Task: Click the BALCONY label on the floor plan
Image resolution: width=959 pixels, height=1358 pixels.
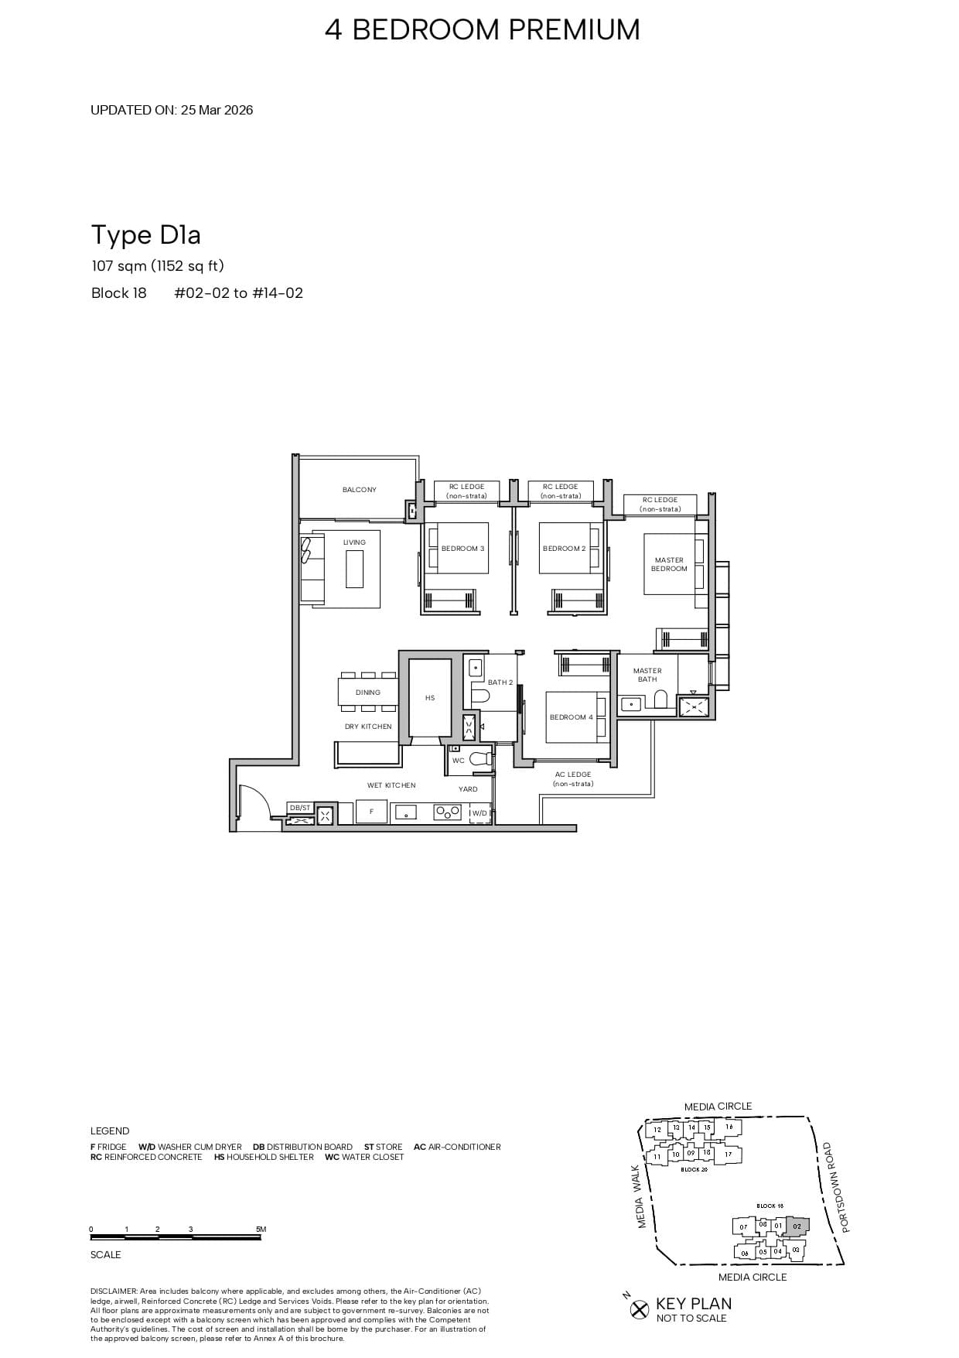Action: (359, 490)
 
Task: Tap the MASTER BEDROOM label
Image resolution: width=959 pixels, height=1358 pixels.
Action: (669, 564)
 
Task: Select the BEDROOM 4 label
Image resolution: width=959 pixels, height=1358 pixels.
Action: (571, 717)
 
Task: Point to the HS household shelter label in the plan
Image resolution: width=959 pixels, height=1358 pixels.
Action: (430, 698)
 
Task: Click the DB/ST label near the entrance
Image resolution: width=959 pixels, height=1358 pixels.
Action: (299, 808)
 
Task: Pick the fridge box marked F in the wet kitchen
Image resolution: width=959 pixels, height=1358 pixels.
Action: (372, 812)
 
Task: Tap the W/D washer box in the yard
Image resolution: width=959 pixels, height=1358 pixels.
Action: (479, 813)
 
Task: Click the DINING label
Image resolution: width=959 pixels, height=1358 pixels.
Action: (368, 693)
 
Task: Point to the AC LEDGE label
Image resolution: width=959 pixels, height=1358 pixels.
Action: (573, 775)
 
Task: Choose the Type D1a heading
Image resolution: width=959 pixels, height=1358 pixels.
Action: (146, 234)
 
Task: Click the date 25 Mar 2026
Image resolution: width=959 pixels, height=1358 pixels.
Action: (217, 110)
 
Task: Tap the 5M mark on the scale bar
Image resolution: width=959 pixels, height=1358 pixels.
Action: (261, 1230)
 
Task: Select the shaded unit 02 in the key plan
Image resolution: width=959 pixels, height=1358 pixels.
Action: (797, 1226)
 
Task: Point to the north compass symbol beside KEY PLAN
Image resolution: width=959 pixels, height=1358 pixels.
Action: (639, 1309)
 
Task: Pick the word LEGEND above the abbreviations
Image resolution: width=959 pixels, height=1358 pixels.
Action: (110, 1131)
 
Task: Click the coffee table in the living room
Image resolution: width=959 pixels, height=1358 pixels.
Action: (354, 569)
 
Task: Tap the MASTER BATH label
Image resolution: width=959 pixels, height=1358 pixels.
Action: (647, 675)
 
